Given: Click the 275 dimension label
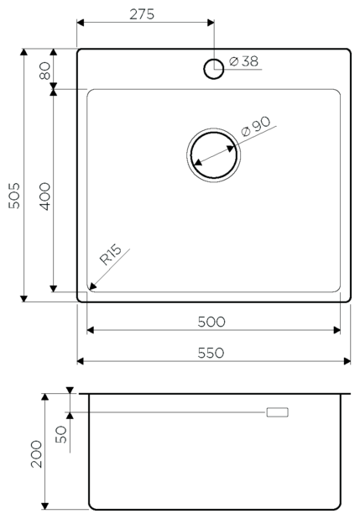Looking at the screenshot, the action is coord(142,14).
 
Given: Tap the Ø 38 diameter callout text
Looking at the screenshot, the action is coord(243,61).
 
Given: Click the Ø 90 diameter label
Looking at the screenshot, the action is coord(256,126).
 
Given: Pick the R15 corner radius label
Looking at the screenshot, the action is coord(111,254).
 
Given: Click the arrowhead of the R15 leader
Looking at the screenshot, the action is coord(92,286).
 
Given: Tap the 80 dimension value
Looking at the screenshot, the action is coord(44,71).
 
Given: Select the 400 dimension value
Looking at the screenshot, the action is coord(44,197).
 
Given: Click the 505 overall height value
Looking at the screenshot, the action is coord(14,196).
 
